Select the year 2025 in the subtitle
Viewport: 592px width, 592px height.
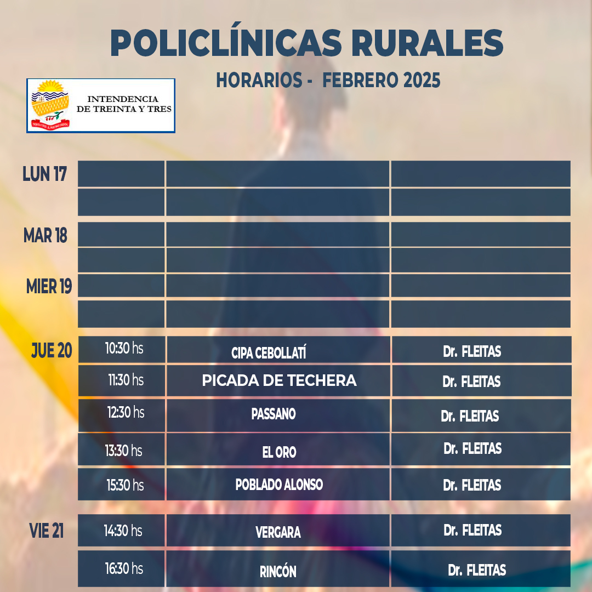pyautogui.click(x=422, y=80)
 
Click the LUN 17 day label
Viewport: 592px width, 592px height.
pyautogui.click(x=45, y=174)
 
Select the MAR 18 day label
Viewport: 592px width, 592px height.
pyautogui.click(x=45, y=236)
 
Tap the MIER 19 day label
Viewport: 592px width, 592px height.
pyautogui.click(x=49, y=286)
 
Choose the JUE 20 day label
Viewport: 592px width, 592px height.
pyautogui.click(x=52, y=350)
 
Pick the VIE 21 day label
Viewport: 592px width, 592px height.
pyautogui.click(x=47, y=530)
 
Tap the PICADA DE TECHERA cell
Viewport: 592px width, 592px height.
pyautogui.click(x=279, y=380)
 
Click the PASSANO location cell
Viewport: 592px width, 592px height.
pyautogui.click(x=274, y=414)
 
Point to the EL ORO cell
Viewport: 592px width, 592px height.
pyautogui.click(x=279, y=452)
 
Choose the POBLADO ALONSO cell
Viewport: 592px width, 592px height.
pyautogui.click(x=279, y=485)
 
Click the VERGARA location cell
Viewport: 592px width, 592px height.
pyautogui.click(x=278, y=532)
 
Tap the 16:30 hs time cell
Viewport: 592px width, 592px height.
pyautogui.click(x=124, y=568)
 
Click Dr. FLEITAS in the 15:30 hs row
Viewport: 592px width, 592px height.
pyautogui.click(x=472, y=485)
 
